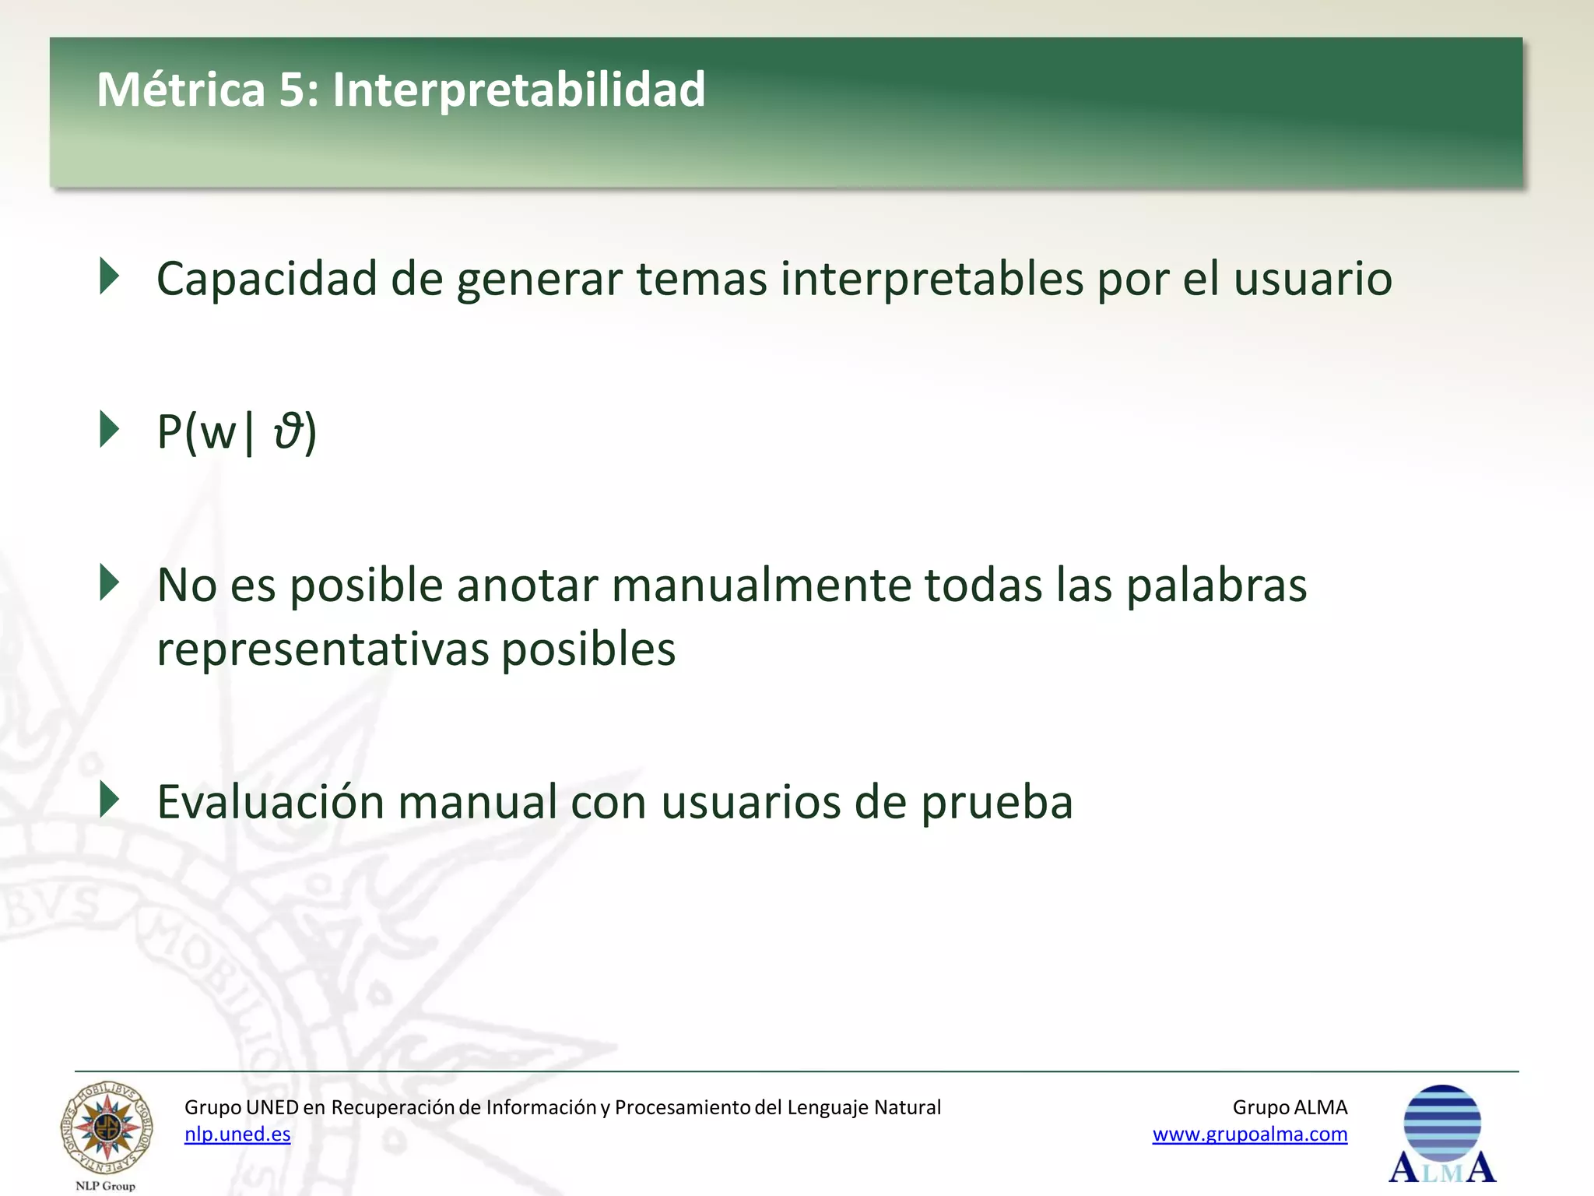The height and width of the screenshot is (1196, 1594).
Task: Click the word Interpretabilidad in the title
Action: [518, 90]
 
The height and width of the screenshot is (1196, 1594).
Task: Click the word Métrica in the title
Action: [181, 90]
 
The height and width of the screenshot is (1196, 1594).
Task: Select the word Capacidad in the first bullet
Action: [266, 279]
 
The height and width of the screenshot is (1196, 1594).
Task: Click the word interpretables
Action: [932, 279]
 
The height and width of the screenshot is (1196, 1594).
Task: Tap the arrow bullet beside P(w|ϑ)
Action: [110, 429]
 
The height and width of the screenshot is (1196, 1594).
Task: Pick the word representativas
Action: [322, 649]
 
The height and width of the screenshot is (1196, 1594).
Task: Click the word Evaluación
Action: [270, 801]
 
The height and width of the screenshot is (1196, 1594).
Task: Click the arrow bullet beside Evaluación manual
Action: [110, 800]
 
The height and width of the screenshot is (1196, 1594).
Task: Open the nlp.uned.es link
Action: [237, 1134]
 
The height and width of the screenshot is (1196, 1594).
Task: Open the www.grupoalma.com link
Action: [1249, 1134]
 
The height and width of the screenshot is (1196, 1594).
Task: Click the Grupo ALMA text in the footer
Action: [1290, 1107]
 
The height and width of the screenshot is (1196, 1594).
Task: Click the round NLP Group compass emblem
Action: [107, 1128]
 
